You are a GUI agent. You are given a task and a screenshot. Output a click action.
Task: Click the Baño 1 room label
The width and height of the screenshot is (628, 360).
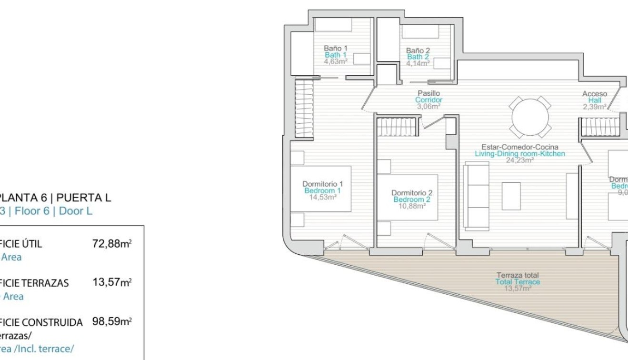pyautogui.click(x=336, y=48)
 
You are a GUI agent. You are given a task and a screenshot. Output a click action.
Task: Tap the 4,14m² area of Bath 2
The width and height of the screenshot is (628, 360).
pyautogui.click(x=418, y=63)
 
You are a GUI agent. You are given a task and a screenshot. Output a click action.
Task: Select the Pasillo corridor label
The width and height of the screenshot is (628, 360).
pyautogui.click(x=429, y=93)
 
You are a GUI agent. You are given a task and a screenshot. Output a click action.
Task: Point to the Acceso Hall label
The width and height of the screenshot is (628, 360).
pyautogui.click(x=595, y=94)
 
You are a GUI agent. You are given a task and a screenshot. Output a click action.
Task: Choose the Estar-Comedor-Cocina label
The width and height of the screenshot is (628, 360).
pyautogui.click(x=520, y=147)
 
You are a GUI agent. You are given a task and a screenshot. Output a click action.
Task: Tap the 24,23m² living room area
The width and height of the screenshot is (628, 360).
pyautogui.click(x=520, y=160)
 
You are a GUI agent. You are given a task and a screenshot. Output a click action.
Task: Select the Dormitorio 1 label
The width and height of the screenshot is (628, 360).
pyautogui.click(x=323, y=184)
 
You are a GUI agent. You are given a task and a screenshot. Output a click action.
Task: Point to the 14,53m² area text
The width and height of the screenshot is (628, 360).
pyautogui.click(x=323, y=197)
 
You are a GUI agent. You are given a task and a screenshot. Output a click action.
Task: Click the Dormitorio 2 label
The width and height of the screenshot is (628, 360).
pyautogui.click(x=412, y=193)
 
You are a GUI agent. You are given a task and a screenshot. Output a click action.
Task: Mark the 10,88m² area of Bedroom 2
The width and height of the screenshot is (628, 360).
pyautogui.click(x=412, y=206)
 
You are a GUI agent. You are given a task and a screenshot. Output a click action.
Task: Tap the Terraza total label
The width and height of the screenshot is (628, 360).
pyautogui.click(x=518, y=275)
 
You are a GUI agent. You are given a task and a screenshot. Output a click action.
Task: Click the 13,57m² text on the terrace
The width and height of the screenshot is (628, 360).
pyautogui.click(x=518, y=288)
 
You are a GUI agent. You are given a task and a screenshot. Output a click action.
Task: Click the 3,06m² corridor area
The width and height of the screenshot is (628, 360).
pyautogui.click(x=429, y=106)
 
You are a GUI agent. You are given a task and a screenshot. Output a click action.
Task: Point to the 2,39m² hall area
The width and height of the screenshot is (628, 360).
pyautogui.click(x=595, y=107)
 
